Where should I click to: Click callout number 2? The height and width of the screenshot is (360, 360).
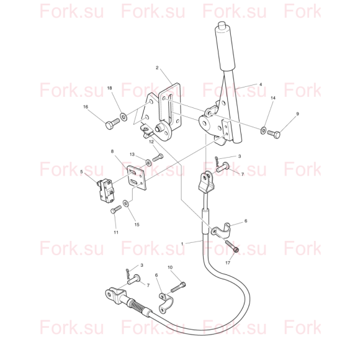pos(157,68)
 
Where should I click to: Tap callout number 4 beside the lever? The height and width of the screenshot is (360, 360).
pos(261,84)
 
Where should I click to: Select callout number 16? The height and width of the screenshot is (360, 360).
pos(86,107)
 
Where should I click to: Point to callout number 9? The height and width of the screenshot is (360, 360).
pos(297,114)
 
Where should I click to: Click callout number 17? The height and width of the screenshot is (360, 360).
pos(228,263)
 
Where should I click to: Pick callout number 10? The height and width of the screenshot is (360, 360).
pos(170,268)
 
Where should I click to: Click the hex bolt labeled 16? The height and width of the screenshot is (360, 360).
pos(112,124)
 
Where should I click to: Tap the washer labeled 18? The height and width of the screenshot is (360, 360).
pos(124,117)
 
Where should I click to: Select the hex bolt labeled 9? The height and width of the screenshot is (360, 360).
pos(274,134)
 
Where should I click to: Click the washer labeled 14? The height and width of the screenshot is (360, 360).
pos(263,130)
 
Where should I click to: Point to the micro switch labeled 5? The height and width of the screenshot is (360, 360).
pos(105,191)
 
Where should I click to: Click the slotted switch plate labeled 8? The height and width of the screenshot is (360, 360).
pos(137,178)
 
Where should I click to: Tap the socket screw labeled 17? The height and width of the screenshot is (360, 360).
pos(232,246)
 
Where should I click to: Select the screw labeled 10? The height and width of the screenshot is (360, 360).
pos(178,287)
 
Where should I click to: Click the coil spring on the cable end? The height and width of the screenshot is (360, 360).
pos(136,305)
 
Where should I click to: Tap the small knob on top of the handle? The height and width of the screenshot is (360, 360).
pos(222,25)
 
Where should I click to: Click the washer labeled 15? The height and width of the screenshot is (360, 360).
pos(125,203)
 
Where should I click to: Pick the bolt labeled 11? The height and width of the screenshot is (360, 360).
pos(116,209)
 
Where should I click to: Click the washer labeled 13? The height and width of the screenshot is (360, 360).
pos(148,163)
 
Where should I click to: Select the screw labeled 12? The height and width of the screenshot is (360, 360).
pos(158,158)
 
